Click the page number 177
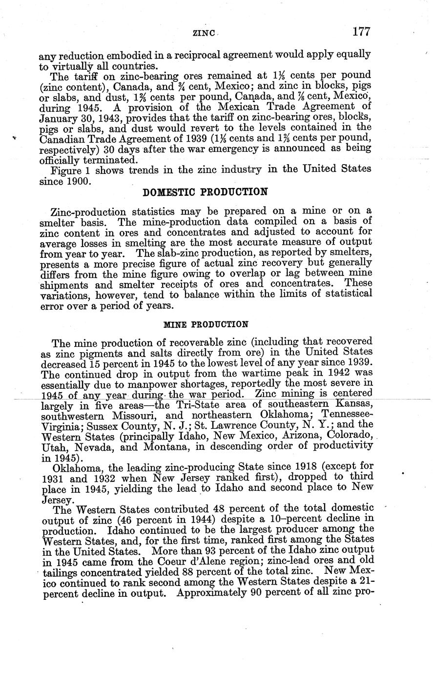point(361,32)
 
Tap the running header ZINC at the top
point(202,34)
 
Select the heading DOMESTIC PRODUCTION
point(205,192)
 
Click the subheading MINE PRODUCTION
point(206,324)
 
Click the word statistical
point(343,294)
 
